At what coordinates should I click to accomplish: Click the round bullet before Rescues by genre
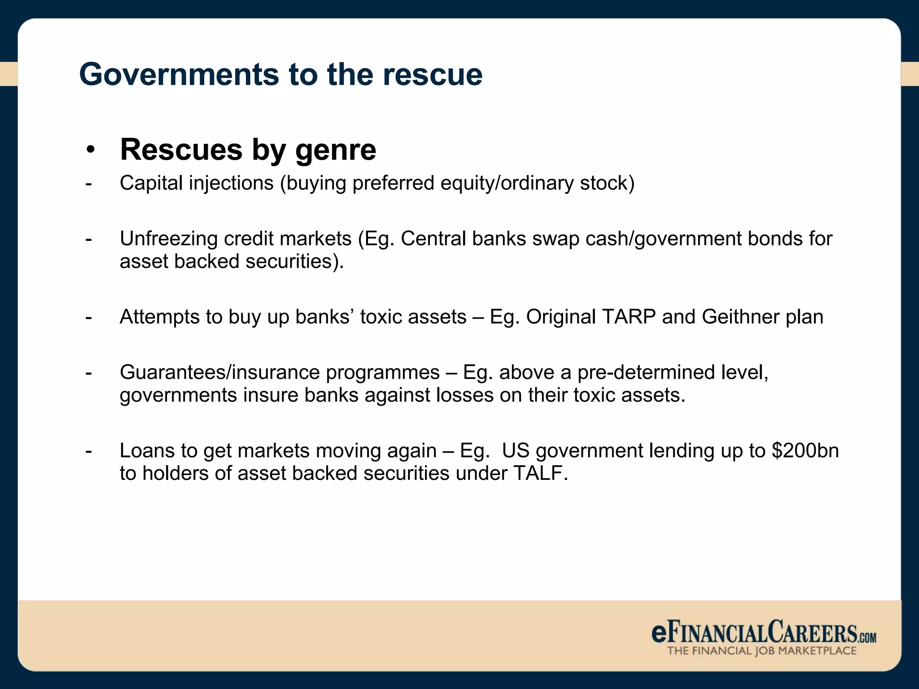(91, 150)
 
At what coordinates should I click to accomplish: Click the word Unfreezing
(168, 239)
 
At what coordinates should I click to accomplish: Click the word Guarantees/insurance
(219, 372)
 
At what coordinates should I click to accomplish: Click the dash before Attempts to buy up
(89, 317)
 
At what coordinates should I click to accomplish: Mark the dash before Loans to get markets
(89, 451)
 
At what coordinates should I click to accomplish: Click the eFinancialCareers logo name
(763, 632)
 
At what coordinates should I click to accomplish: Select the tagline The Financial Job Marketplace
(761, 651)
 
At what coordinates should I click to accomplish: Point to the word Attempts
(159, 317)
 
